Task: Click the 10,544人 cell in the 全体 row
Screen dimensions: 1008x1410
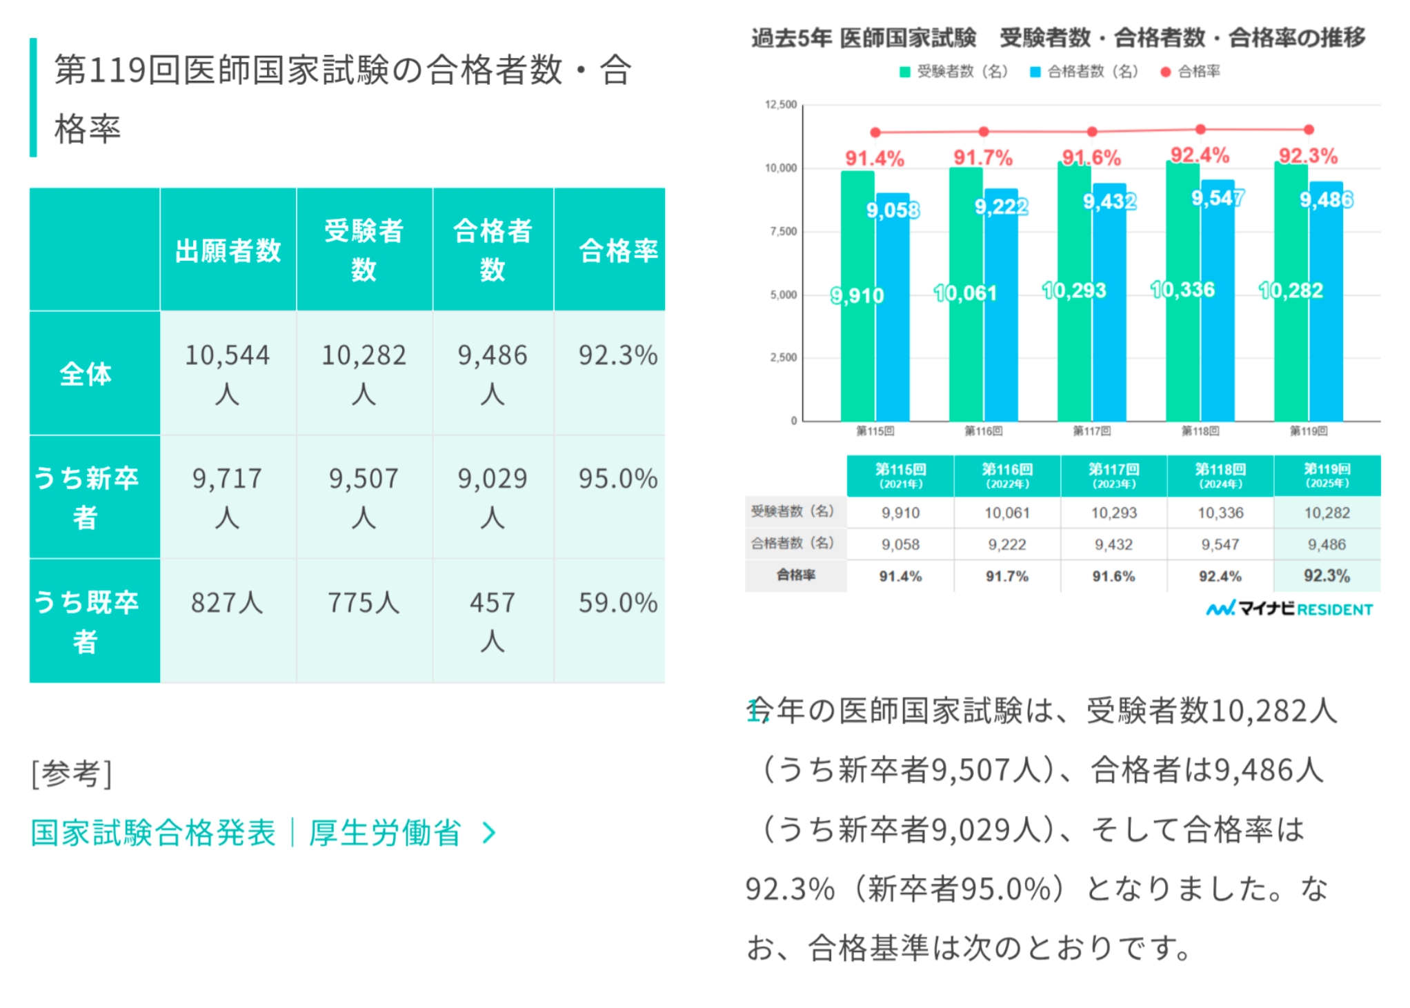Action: point(228,373)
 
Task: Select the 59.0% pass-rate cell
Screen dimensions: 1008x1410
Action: point(617,603)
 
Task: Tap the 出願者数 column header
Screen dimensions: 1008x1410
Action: point(228,250)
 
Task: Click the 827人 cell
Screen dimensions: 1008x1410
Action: point(227,603)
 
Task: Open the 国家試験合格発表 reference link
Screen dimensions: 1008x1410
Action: point(153,833)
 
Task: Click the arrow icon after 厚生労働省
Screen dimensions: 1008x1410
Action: point(489,833)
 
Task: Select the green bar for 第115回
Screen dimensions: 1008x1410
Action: point(857,297)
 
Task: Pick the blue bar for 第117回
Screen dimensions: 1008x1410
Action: point(1109,304)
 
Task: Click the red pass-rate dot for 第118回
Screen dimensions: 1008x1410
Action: point(1200,129)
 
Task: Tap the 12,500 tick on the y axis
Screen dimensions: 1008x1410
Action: point(781,105)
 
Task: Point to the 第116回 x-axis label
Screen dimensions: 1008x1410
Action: point(983,431)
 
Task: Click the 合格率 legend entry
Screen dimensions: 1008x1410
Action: point(1191,72)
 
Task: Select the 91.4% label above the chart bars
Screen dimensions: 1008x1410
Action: point(874,159)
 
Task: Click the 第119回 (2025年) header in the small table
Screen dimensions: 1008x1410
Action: point(1327,475)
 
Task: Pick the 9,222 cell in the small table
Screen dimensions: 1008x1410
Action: point(1006,544)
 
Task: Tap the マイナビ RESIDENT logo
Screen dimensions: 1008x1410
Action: point(1289,609)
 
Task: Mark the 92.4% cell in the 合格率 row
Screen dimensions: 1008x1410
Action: point(1220,576)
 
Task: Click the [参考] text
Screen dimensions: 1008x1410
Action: point(72,773)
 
